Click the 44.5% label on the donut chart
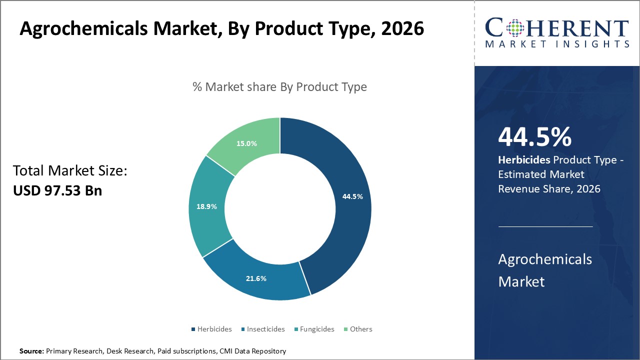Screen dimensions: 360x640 click(352, 196)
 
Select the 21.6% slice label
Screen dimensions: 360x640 click(256, 278)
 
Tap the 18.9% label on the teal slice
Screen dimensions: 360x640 click(206, 206)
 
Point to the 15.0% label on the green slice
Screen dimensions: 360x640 click(247, 143)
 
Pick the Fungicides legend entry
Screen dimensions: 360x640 click(317, 329)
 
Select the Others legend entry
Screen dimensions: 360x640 click(360, 329)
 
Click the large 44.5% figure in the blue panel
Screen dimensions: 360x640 click(534, 136)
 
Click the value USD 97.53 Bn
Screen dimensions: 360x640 click(57, 190)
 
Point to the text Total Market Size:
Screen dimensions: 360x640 click(70, 171)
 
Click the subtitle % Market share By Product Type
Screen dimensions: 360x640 click(279, 87)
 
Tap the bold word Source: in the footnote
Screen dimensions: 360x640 click(31, 351)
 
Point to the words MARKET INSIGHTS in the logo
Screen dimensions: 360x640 click(557, 44)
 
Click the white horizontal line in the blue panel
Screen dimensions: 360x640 click(545, 226)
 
